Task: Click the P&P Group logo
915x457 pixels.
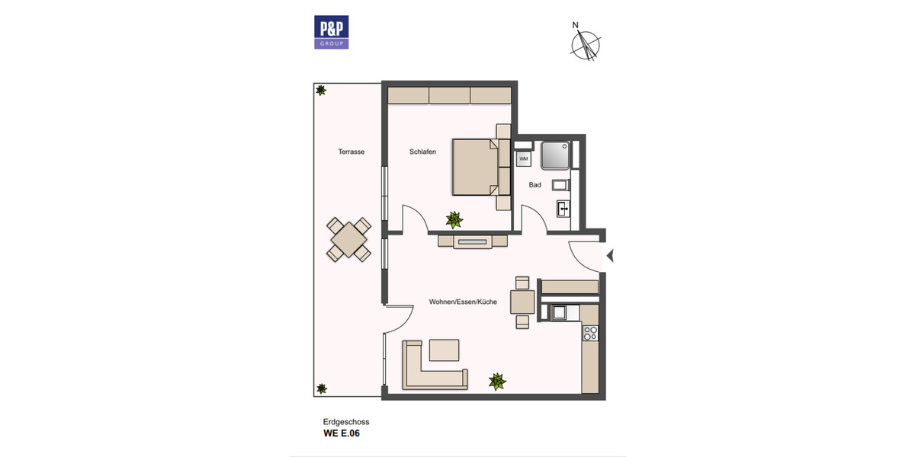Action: coord(332,33)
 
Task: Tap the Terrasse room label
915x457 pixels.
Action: coord(352,152)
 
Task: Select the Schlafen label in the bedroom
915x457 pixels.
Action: coord(422,152)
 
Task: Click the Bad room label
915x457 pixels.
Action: coord(535,185)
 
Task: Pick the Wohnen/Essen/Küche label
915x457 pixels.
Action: coord(463,302)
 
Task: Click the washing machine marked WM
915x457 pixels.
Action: coord(523,158)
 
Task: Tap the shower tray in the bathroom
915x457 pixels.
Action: coord(555,155)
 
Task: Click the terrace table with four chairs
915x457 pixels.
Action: coord(349,239)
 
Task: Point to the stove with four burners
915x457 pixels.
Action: coord(589,332)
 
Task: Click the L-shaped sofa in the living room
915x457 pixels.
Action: coord(427,370)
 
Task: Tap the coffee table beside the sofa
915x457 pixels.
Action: coord(445,350)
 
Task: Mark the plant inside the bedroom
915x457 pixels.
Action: coord(454,220)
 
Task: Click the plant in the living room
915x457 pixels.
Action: coord(497,381)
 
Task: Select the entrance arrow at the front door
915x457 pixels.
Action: coord(609,256)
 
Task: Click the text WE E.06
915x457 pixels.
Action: coord(341,434)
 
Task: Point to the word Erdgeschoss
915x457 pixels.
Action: coord(346,421)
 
